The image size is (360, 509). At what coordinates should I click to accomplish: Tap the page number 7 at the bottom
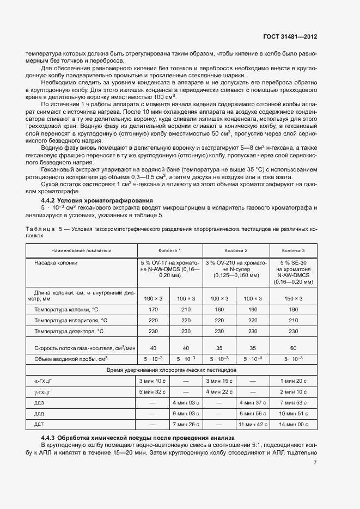click(315, 463)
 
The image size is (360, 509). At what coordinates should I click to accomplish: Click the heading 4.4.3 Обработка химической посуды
click(138, 438)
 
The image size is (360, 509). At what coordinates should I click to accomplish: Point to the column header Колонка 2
click(236, 250)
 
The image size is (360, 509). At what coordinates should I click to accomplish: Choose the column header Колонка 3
click(293, 250)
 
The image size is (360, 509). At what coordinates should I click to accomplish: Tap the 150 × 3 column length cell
click(293, 298)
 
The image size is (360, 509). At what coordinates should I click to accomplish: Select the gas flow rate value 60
click(293, 347)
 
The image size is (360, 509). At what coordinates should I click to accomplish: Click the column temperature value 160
click(219, 309)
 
